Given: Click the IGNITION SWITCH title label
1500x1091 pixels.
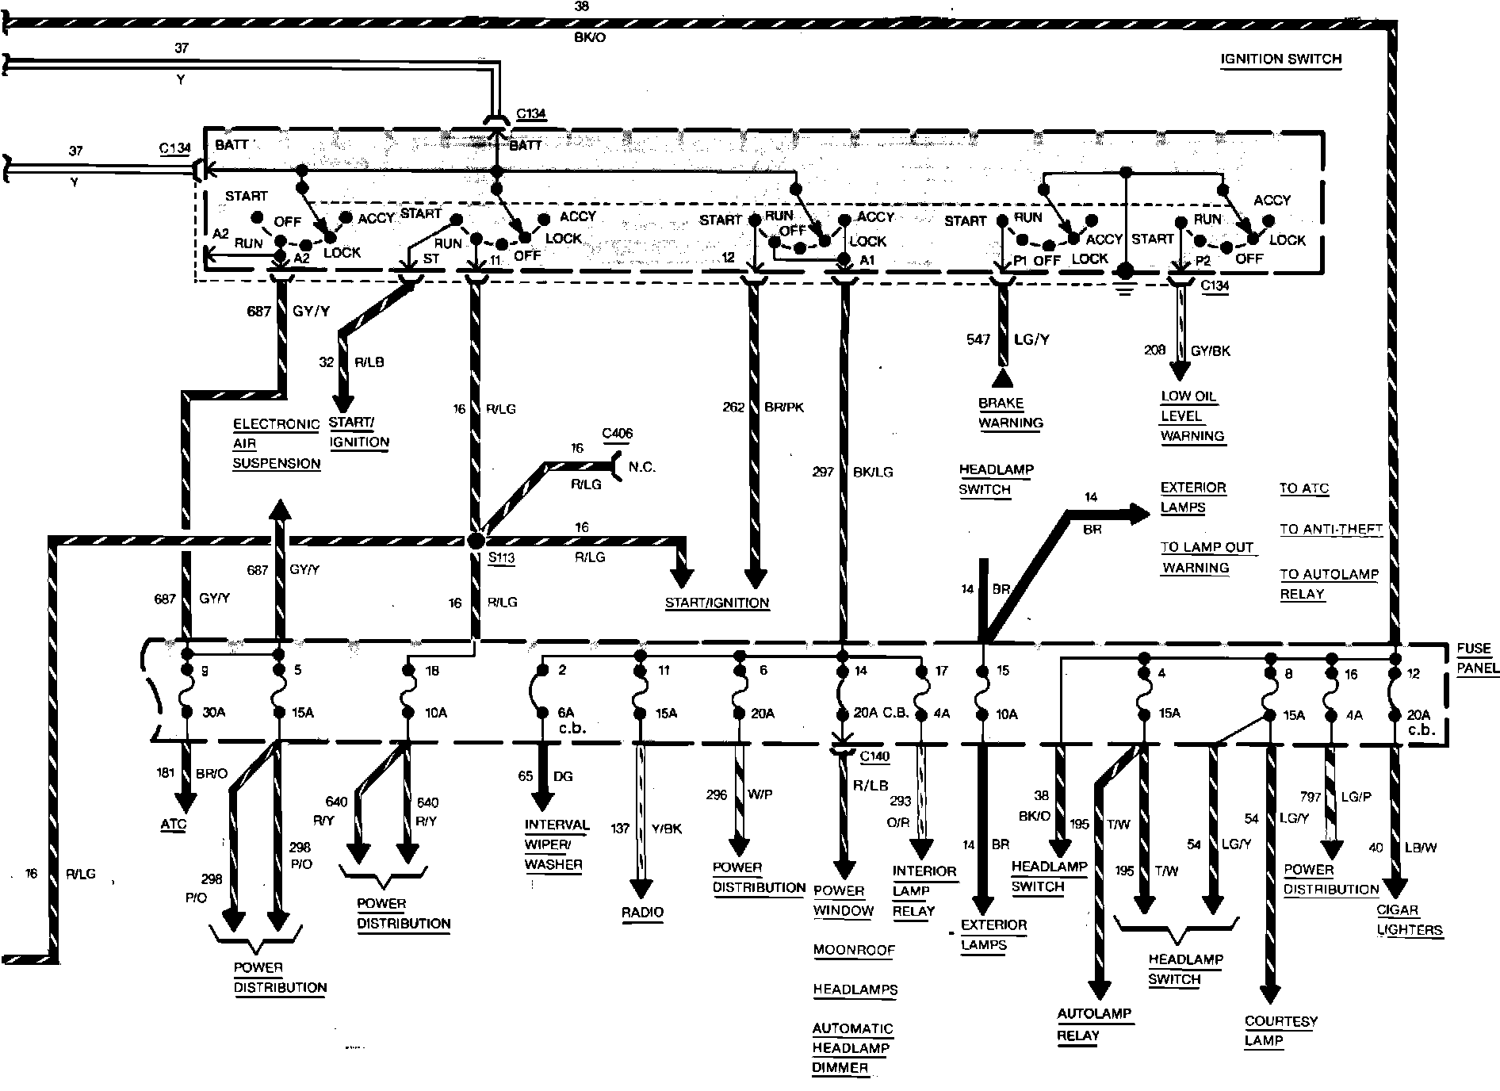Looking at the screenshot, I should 1280,59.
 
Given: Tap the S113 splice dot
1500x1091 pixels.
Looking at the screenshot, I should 476,541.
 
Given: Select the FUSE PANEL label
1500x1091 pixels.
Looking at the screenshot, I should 1477,658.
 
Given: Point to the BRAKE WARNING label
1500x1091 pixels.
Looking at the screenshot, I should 1009,413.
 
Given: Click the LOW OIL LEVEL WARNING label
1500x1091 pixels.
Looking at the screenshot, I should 1192,416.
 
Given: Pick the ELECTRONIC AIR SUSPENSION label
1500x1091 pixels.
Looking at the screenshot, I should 276,444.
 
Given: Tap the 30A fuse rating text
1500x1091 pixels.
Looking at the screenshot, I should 213,713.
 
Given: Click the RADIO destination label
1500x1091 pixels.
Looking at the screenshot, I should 642,913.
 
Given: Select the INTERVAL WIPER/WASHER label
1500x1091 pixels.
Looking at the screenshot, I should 557,845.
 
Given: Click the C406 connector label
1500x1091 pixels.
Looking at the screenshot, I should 617,433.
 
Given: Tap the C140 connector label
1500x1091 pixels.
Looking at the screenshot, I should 874,756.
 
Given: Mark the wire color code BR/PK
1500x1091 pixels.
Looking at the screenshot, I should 785,408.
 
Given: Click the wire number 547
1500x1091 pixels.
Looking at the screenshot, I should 978,339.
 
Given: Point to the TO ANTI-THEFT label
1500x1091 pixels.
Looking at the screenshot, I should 1330,530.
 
